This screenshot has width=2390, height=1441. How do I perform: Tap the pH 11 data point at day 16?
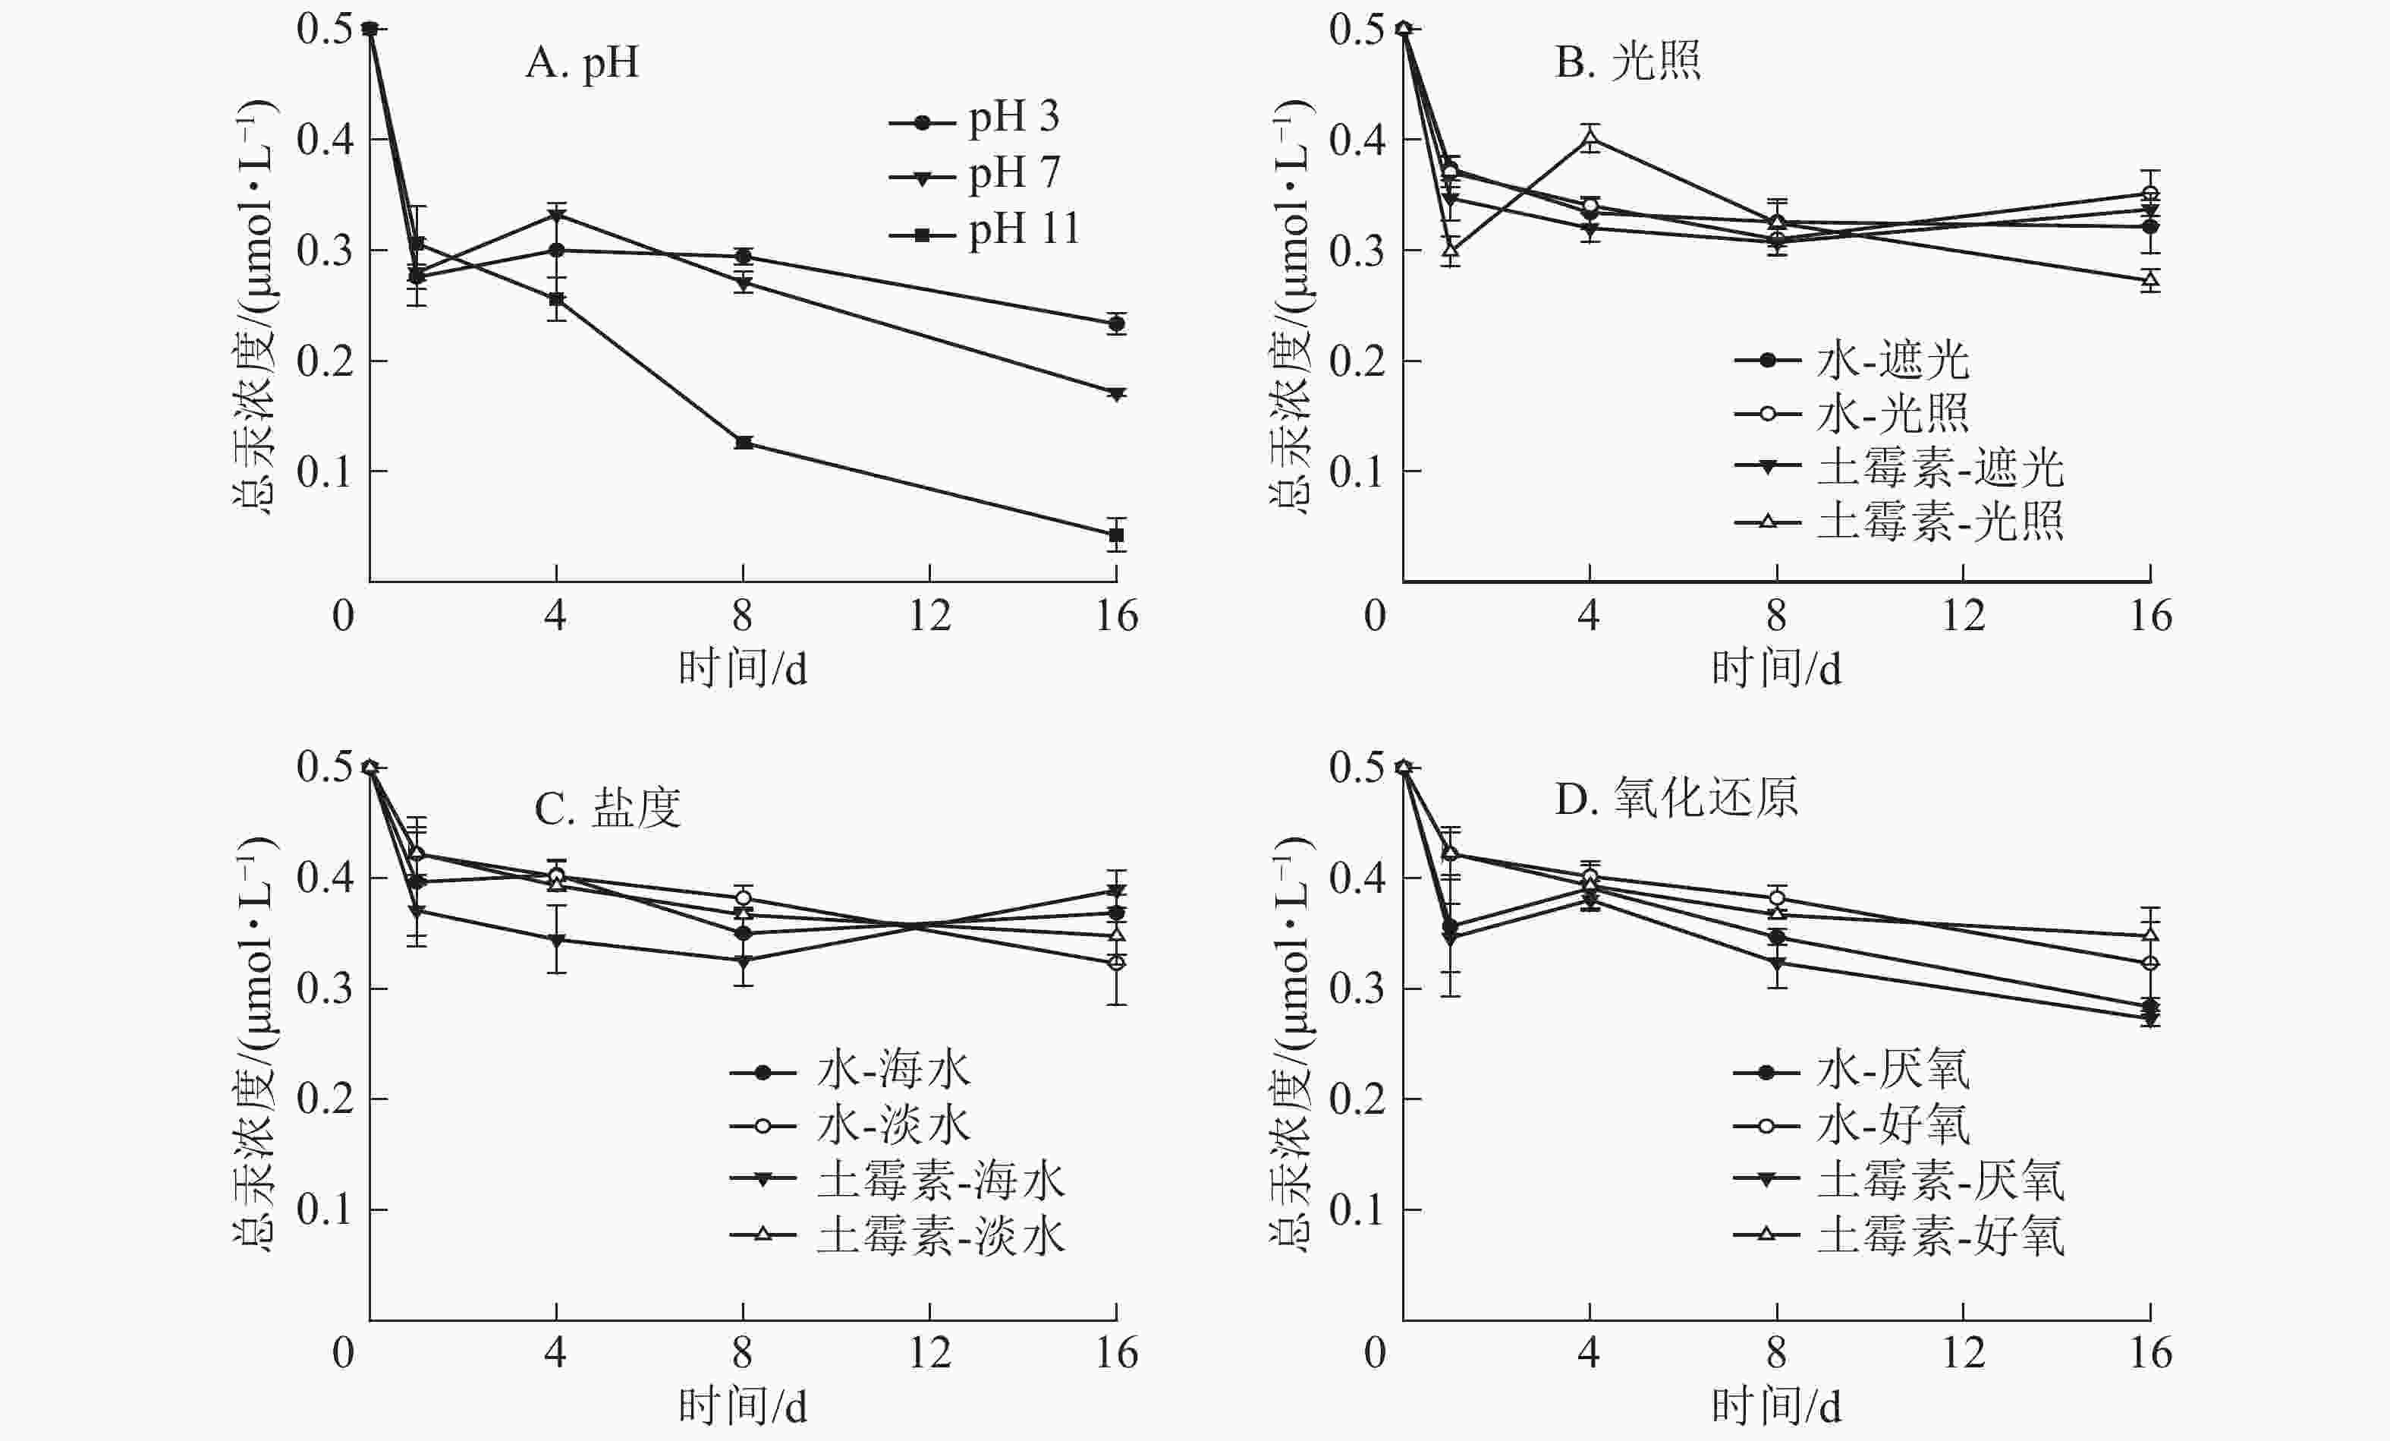pyautogui.click(x=1116, y=534)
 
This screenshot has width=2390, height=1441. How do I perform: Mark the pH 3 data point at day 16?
pyautogui.click(x=1116, y=324)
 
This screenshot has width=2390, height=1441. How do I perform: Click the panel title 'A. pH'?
pyautogui.click(x=582, y=63)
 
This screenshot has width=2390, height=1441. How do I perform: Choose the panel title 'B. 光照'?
pyautogui.click(x=1627, y=61)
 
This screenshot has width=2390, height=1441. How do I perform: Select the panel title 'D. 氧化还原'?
pyautogui.click(x=1677, y=799)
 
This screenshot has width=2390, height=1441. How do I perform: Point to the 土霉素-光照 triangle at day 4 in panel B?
pyautogui.click(x=1589, y=140)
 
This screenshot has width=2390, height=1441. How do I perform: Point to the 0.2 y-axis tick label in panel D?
pyautogui.click(x=1356, y=1099)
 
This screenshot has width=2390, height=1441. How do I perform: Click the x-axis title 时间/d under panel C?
pyautogui.click(x=743, y=1406)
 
